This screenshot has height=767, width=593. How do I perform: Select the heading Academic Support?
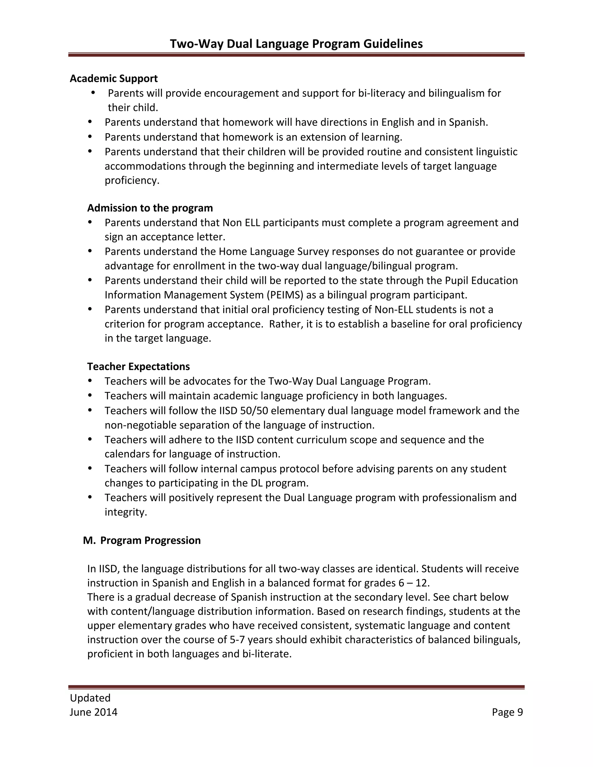tap(114, 78)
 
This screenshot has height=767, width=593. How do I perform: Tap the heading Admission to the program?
tap(150, 208)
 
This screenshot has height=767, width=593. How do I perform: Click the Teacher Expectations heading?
tap(138, 366)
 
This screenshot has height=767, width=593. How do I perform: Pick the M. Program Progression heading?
tap(142, 540)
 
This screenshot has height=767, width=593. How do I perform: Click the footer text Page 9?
tap(507, 712)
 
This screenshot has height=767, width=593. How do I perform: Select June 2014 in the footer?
tap(94, 712)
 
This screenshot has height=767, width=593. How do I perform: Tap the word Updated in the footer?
tap(90, 698)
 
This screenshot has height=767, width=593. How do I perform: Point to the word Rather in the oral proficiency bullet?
tap(285, 324)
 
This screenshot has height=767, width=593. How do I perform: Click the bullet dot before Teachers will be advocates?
tap(90, 381)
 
